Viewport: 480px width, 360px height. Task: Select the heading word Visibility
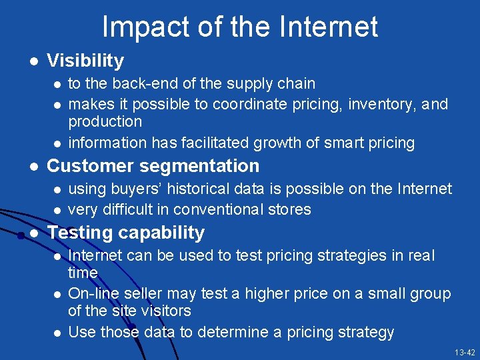click(85, 61)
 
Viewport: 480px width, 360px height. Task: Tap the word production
click(105, 122)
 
